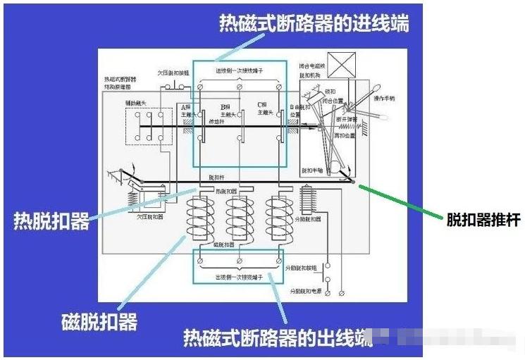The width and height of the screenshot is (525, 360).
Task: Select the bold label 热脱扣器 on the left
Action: [x=51, y=221]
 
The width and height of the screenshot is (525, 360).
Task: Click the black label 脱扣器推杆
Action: [x=483, y=220]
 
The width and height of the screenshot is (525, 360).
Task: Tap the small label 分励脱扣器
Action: [x=308, y=219]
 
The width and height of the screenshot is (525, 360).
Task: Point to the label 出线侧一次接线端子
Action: [x=239, y=277]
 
